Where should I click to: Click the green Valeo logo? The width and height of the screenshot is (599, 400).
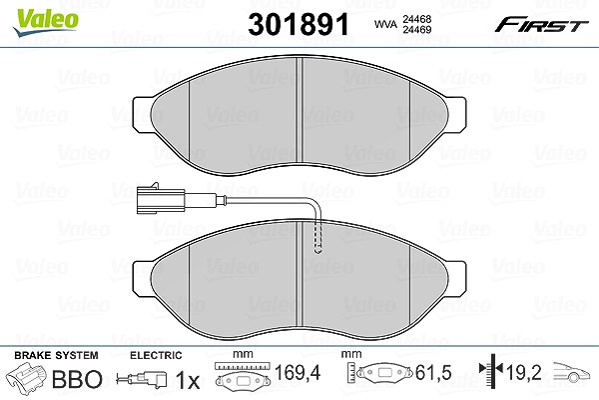[x=45, y=22]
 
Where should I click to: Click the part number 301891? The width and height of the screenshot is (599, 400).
[x=299, y=24]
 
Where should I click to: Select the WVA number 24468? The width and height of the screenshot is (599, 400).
[x=416, y=19]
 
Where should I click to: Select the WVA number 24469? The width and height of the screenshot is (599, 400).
[x=416, y=29]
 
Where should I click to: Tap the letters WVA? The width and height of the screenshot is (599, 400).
[x=385, y=24]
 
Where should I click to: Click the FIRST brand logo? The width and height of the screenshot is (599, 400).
[x=541, y=25]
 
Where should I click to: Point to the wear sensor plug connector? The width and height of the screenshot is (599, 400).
[x=161, y=199]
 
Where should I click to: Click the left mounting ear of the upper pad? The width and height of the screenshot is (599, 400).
[x=142, y=114]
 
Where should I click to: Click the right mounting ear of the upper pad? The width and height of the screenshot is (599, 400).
[x=456, y=114]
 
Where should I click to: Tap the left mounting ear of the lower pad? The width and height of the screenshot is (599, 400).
[x=142, y=278]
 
